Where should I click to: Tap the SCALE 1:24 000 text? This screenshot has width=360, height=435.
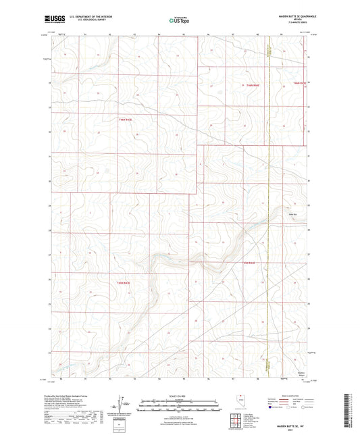(x=180, y=396)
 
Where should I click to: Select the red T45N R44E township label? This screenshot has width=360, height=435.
(x=249, y=262)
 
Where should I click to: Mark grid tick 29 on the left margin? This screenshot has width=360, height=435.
(x=50, y=205)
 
